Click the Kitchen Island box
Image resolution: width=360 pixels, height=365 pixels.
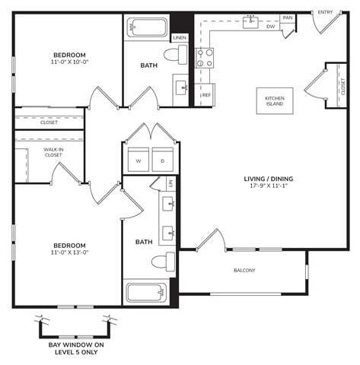pyautogui.click(x=274, y=103)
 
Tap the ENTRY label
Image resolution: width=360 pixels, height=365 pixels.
pyautogui.click(x=325, y=12)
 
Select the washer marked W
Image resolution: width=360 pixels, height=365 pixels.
pyautogui.click(x=139, y=160)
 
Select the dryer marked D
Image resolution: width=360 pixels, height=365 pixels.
pyautogui.click(x=162, y=160)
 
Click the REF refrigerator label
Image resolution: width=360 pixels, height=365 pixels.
pyautogui.click(x=205, y=95)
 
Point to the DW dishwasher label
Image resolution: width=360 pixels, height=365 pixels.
pyautogui.click(x=271, y=26)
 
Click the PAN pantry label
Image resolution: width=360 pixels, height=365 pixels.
pyautogui.click(x=287, y=17)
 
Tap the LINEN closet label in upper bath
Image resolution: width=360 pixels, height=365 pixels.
pyautogui.click(x=180, y=37)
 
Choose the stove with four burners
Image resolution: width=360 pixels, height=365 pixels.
pyautogui.click(x=205, y=58)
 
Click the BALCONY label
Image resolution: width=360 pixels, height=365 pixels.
pyautogui.click(x=244, y=271)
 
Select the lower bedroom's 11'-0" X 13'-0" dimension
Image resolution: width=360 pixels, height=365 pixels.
pyautogui.click(x=69, y=252)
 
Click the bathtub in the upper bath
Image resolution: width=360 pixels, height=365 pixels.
pyautogui.click(x=147, y=29)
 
